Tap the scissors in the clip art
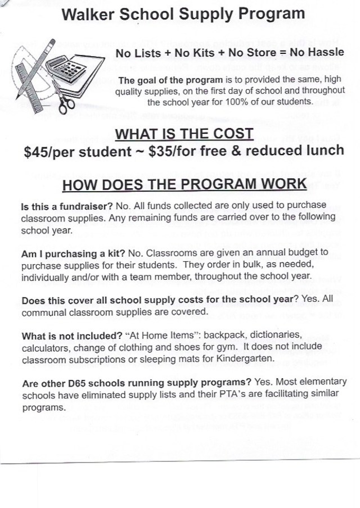point(66,102)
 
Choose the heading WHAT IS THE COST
point(184,134)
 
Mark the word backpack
point(217,336)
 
